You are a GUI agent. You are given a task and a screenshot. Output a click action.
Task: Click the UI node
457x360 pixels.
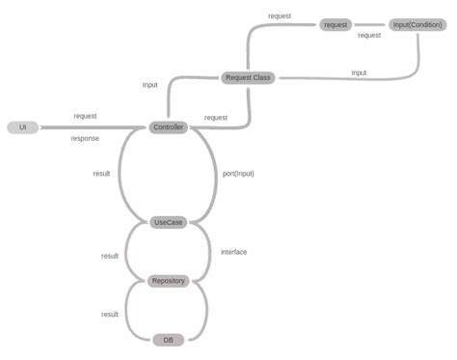click(22, 127)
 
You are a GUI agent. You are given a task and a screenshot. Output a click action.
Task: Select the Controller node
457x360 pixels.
click(168, 127)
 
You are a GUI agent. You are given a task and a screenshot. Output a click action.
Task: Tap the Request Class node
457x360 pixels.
click(248, 77)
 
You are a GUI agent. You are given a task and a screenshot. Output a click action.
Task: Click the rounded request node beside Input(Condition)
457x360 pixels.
click(336, 24)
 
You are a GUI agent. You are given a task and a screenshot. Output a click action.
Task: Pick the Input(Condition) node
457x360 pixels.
click(417, 24)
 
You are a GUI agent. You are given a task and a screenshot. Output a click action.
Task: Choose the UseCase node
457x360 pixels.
click(168, 222)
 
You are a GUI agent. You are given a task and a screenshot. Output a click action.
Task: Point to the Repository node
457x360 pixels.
click(168, 281)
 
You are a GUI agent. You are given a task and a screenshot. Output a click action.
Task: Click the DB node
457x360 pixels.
click(168, 339)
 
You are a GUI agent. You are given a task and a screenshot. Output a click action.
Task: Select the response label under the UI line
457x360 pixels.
click(85, 138)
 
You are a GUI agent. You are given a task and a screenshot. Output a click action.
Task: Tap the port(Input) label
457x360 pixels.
click(237, 174)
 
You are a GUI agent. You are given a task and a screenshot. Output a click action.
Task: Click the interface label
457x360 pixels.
click(233, 252)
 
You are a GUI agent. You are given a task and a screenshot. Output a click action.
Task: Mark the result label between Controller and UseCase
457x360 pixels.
click(101, 174)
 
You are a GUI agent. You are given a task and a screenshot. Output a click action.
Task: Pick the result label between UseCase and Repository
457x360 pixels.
click(110, 256)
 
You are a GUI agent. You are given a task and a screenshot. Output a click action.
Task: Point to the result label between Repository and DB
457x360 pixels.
click(110, 315)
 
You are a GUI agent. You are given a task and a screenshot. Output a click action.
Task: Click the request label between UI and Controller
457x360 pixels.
click(85, 116)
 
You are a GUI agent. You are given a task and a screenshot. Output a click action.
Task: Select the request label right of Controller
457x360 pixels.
click(216, 118)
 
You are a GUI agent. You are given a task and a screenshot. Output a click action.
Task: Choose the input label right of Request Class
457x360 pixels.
click(359, 72)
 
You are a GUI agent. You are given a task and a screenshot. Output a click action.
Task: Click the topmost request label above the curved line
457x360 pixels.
click(280, 15)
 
